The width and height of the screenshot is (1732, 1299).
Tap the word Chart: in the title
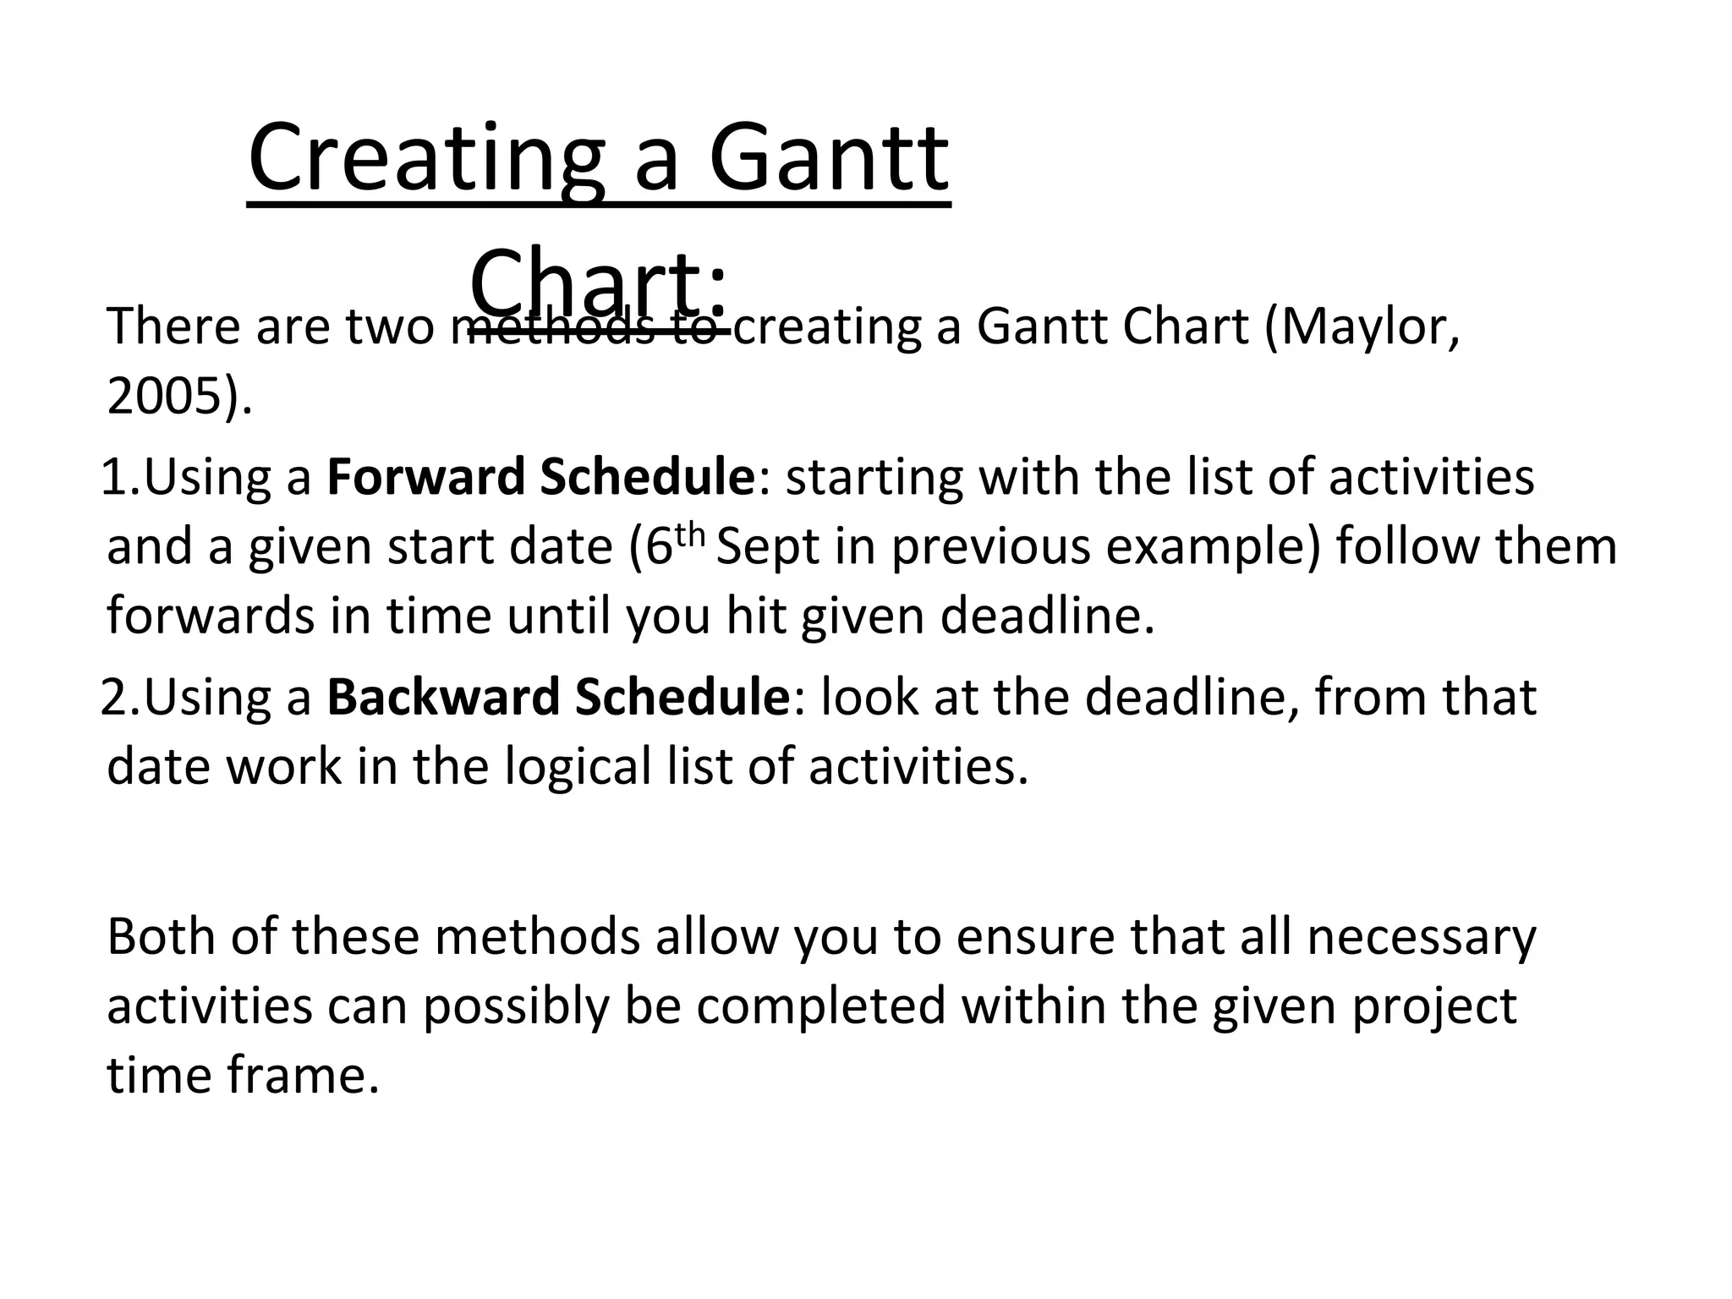pos(597,282)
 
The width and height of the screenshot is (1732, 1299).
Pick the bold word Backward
pos(444,697)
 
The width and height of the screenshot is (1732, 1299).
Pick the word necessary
pos(1421,937)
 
